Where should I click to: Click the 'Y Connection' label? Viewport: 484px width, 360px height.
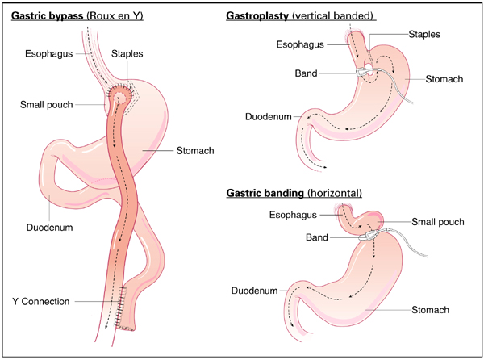click(x=41, y=302)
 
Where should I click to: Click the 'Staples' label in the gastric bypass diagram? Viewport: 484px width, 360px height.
click(x=128, y=53)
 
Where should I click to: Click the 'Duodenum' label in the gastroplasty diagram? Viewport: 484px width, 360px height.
click(x=268, y=117)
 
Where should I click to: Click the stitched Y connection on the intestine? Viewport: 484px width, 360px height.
click(x=121, y=306)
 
